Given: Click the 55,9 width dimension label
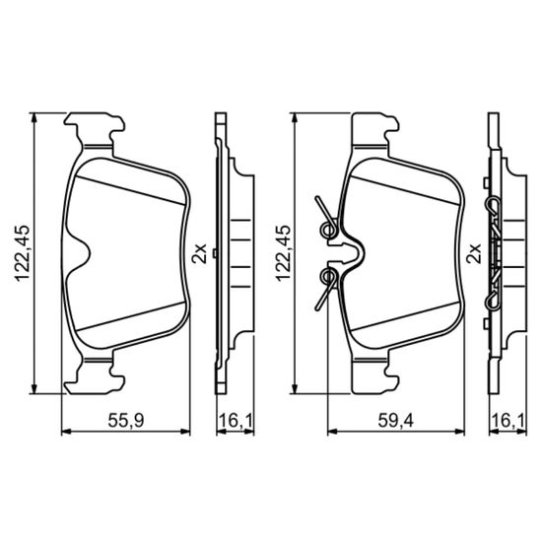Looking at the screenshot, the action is [126, 421].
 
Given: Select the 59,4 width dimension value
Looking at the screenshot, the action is [395, 421].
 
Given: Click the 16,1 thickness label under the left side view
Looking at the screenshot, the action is [237, 421].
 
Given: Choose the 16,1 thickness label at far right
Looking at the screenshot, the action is [508, 421].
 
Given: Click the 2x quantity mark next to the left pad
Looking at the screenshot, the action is [199, 253].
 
